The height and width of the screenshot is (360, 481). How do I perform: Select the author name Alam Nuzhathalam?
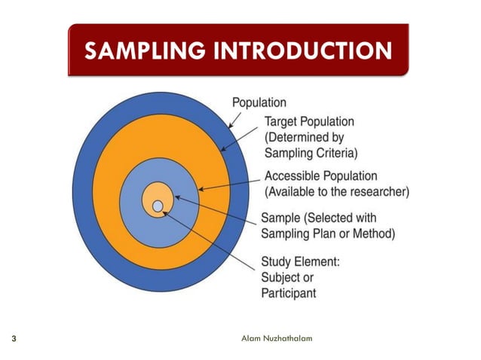click(276, 338)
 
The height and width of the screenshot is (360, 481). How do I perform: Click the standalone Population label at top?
click(259, 102)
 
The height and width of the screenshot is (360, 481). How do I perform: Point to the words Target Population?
click(309, 122)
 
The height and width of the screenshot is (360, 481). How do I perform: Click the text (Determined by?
click(304, 138)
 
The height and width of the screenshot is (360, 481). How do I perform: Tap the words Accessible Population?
click(323, 175)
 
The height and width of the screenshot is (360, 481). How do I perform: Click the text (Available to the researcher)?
click(336, 191)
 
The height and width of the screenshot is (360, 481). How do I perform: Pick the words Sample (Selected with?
click(317, 218)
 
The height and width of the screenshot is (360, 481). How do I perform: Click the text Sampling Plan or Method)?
click(327, 234)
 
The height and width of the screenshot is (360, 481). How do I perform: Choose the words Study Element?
click(301, 262)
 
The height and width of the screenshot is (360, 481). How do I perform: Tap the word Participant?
click(288, 293)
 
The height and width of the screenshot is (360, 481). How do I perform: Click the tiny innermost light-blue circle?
click(157, 206)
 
